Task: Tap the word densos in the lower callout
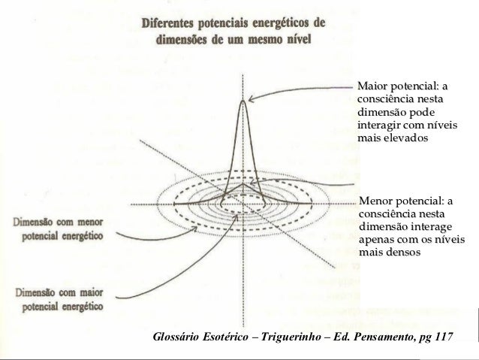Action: (404, 252)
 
